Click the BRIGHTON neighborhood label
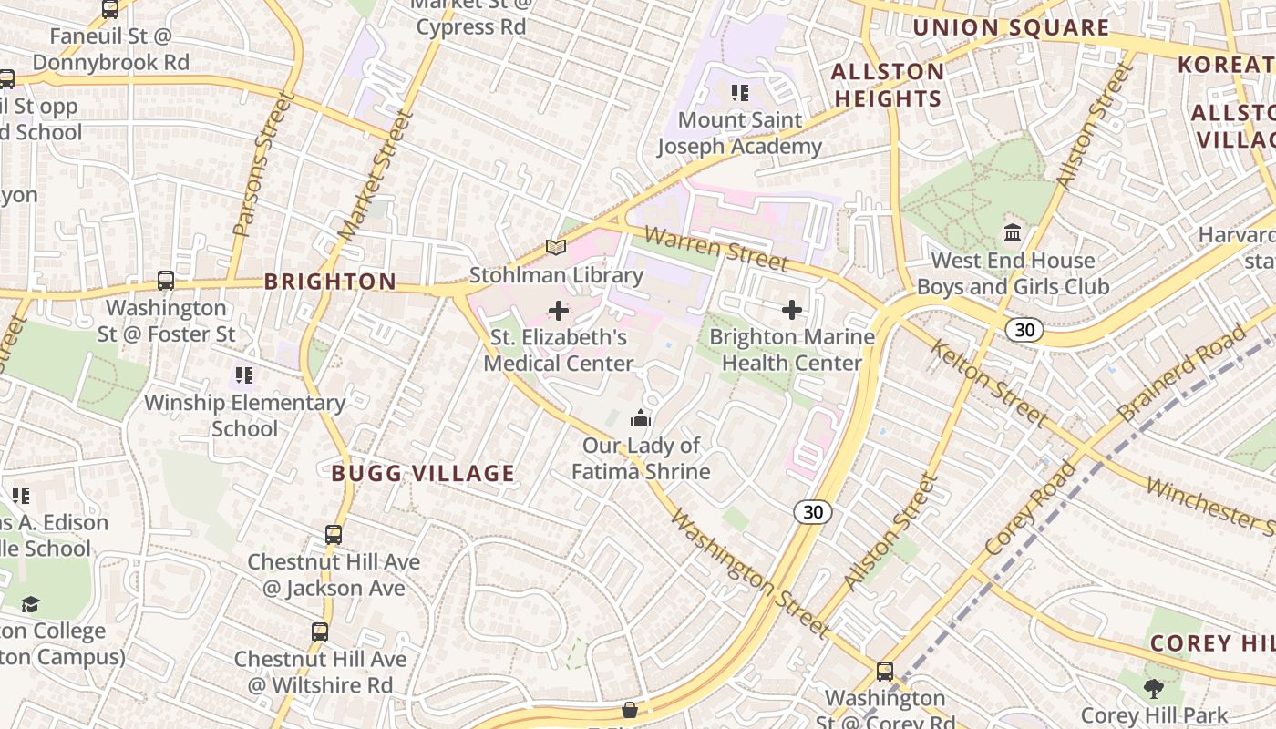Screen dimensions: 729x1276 tap(331, 282)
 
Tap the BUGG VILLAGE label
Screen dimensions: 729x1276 tap(423, 473)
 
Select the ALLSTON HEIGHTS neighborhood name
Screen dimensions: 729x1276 tap(888, 85)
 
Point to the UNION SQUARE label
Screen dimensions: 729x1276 tap(1011, 28)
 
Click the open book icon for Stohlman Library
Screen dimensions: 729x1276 tap(556, 247)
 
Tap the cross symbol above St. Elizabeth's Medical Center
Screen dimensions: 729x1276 tap(559, 311)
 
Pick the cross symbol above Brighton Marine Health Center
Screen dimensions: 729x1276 tap(792, 310)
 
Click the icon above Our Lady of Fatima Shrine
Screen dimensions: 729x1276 tap(641, 419)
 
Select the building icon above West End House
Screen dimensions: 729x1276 tap(1013, 233)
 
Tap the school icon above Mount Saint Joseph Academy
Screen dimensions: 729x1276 tap(740, 92)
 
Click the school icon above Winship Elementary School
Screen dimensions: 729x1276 tap(243, 375)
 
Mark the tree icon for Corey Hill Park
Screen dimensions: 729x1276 tap(1153, 688)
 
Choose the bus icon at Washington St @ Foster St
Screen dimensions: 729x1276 tap(166, 281)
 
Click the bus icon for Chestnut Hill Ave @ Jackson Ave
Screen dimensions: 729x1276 tap(334, 535)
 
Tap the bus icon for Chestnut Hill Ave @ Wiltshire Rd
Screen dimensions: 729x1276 tap(320, 631)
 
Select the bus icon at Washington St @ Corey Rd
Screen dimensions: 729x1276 tap(884, 672)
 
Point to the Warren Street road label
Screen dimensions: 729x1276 tap(716, 249)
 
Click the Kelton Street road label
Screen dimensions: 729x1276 tap(988, 384)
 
